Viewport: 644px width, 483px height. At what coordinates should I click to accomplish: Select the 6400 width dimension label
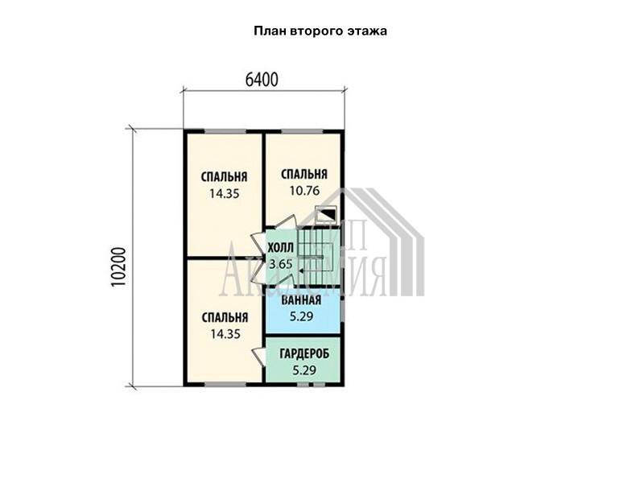click(262, 80)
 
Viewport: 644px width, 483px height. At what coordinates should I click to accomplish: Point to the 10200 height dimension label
click(118, 267)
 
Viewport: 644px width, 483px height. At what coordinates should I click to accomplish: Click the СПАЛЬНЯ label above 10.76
click(304, 174)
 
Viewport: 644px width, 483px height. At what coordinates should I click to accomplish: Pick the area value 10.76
click(304, 191)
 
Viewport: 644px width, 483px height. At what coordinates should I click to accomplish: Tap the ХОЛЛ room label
click(280, 248)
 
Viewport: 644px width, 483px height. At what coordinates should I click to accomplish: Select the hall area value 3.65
click(280, 264)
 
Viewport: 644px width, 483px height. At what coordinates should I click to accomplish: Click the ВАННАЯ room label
click(301, 300)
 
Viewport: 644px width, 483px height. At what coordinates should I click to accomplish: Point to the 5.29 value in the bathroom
click(301, 316)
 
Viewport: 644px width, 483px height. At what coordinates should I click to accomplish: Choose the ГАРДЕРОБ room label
click(304, 353)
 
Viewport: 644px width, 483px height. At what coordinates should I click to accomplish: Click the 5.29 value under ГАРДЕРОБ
click(304, 370)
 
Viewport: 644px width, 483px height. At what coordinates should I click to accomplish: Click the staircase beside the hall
click(320, 255)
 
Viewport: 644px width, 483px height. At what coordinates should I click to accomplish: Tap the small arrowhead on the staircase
click(301, 270)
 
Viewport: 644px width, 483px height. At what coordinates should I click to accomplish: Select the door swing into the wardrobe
click(258, 356)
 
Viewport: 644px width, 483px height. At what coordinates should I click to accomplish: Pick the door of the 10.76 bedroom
click(285, 222)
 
